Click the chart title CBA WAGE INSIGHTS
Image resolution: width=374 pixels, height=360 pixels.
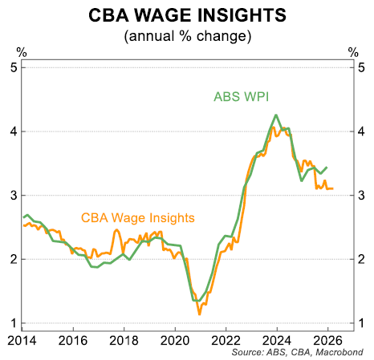pos(186,15)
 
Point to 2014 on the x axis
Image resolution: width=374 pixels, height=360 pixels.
pos(22,339)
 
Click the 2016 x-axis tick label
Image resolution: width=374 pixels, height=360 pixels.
pos(73,339)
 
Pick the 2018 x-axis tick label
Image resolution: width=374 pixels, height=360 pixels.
pos(124,339)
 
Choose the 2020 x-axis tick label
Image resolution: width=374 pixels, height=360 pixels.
pos(175,339)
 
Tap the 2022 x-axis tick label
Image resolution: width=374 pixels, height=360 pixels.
pos(226,339)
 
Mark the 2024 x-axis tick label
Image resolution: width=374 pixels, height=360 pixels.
pos(276,339)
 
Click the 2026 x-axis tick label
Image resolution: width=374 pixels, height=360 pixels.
pos(327,339)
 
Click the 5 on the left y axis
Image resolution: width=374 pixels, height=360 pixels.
pos(14,67)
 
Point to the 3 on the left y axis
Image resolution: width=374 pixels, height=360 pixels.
pos(14,195)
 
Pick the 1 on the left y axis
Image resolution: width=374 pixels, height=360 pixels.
pos(14,323)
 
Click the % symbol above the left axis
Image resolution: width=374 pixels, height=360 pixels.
pos(22,52)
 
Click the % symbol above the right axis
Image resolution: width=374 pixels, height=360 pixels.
pos(353,52)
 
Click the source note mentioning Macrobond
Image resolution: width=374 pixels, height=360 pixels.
pos(299,352)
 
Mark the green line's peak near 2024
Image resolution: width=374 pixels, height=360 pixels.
pos(276,115)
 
